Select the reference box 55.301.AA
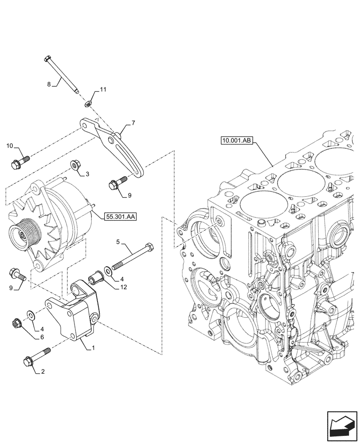tap(121, 217)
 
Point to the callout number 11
tap(103, 90)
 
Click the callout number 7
tap(133, 122)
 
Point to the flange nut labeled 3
tap(75, 166)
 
